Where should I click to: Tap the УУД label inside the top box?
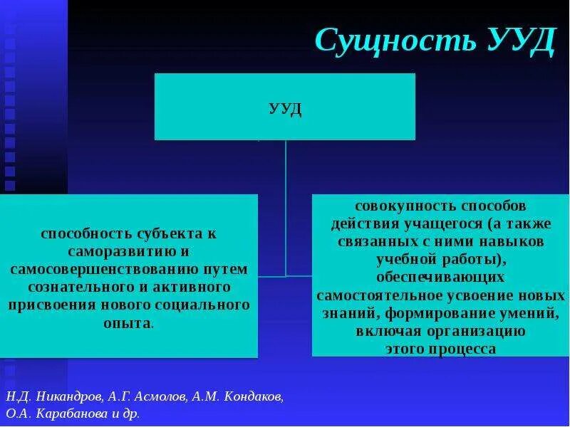tap(285, 110)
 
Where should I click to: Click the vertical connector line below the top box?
tap(286, 206)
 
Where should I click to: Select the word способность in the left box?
tap(78, 233)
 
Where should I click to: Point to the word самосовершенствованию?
tap(108, 269)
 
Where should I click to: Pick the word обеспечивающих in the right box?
tap(440, 277)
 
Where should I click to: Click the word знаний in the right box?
tap(341, 313)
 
